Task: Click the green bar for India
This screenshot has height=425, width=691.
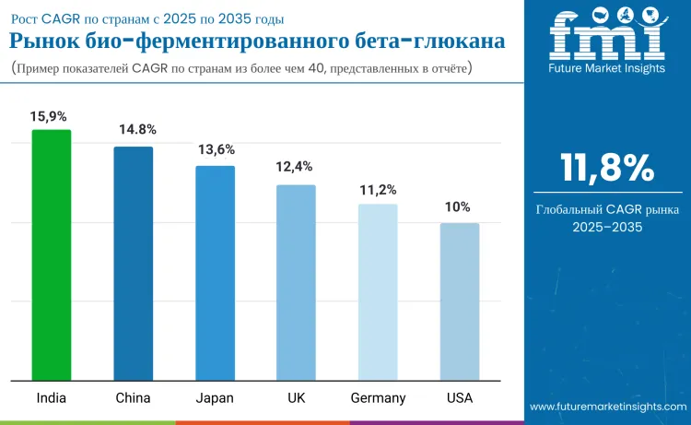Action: click(x=52, y=254)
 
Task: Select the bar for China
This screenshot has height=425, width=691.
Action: click(x=134, y=263)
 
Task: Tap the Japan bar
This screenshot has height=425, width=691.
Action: click(x=215, y=273)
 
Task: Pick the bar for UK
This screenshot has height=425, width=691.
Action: click(x=297, y=282)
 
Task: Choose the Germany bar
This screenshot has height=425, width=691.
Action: click(x=378, y=292)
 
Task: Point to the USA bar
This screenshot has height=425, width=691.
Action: click(x=460, y=301)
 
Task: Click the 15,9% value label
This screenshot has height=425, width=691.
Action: click(x=49, y=116)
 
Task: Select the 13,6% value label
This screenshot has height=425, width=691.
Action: click(x=217, y=149)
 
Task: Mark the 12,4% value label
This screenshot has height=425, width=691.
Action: click(x=295, y=167)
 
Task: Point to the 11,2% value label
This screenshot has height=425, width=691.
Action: click(x=378, y=190)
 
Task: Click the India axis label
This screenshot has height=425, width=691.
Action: click(x=51, y=397)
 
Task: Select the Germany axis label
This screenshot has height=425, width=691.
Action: click(x=378, y=397)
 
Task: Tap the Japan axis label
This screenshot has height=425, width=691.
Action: click(x=215, y=397)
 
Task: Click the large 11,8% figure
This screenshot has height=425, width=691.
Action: click(x=608, y=168)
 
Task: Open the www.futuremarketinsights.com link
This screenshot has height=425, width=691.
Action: click(x=608, y=406)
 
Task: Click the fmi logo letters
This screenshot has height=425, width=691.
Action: click(x=606, y=37)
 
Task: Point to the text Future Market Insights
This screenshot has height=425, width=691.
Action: click(x=606, y=70)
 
